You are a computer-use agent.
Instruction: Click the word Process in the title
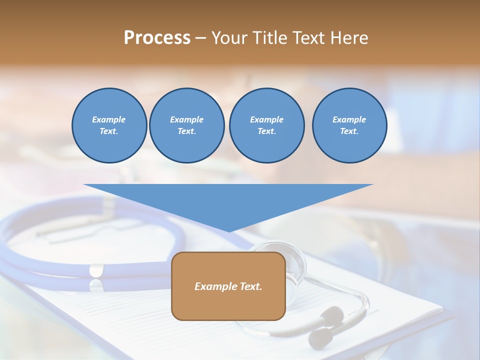[x=157, y=38]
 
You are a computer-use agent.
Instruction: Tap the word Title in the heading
[x=270, y=38]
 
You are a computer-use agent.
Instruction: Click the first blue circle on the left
[x=109, y=125]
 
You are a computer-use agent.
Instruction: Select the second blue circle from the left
[x=186, y=125]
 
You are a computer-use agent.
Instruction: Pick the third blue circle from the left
[x=266, y=125]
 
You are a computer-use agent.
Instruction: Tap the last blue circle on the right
[x=349, y=125]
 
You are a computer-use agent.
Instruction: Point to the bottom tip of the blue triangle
[x=229, y=231]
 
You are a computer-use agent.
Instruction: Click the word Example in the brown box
[x=214, y=286]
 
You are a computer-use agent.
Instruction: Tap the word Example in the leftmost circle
[x=109, y=119]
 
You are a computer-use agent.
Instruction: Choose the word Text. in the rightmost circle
[x=349, y=131]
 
